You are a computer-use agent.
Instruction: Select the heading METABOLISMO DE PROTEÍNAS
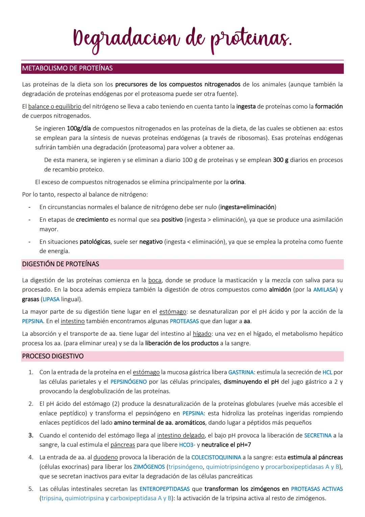point(67,68)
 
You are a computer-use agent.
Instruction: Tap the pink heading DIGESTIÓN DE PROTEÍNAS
point(60,264)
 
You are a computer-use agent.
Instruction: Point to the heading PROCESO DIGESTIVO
point(53,356)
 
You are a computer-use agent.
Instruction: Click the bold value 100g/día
point(79,129)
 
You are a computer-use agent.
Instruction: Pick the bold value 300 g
point(281,160)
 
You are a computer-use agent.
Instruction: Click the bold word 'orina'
point(237,182)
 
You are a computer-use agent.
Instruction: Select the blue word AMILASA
point(324,290)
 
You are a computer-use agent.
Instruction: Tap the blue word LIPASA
point(51,299)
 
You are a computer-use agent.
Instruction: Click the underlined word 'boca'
point(155,280)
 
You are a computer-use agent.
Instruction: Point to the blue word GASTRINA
point(241,372)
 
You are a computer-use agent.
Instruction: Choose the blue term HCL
point(327,372)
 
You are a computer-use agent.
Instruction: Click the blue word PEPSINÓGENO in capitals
point(129,382)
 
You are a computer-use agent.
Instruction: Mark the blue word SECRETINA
point(318,435)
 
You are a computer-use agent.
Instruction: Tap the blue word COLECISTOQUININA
point(216,457)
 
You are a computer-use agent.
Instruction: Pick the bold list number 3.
point(31,435)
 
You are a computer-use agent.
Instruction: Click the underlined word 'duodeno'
point(105,457)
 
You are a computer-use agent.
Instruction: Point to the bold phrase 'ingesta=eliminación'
point(247,207)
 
